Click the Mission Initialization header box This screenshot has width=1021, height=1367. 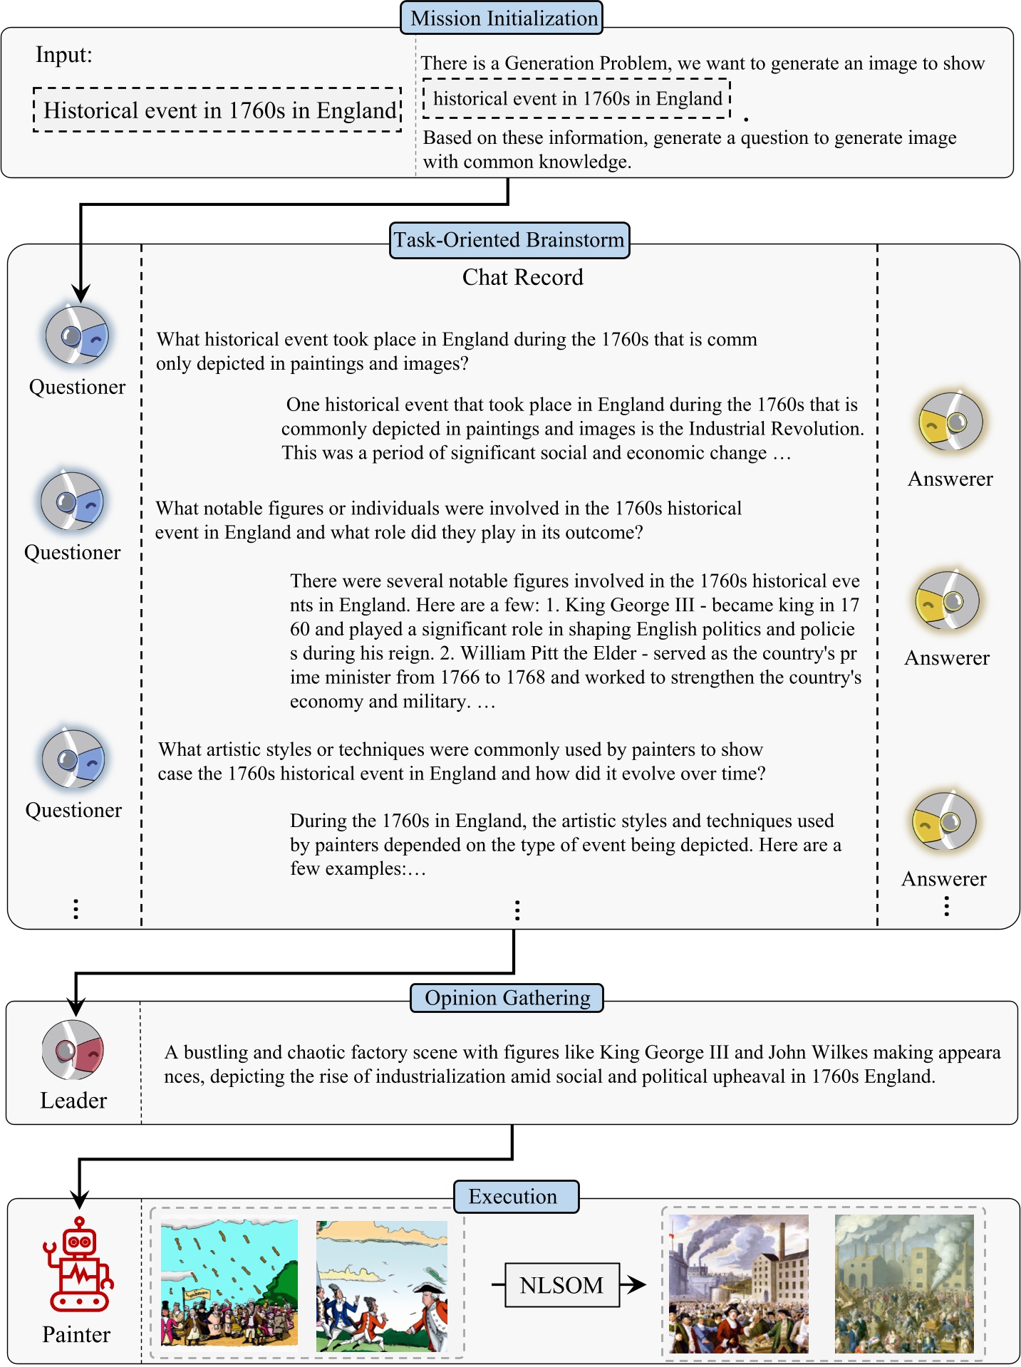click(x=502, y=18)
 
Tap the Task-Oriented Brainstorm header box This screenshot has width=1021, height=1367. click(x=509, y=240)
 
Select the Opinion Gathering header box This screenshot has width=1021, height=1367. click(x=507, y=997)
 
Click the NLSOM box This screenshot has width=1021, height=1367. click(x=561, y=1285)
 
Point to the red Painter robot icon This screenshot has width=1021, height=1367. click(x=79, y=1264)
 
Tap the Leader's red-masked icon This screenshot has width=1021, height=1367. click(x=73, y=1050)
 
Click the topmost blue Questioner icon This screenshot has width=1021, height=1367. click(x=77, y=335)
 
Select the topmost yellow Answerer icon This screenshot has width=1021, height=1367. click(x=950, y=421)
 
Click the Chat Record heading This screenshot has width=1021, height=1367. click(x=522, y=277)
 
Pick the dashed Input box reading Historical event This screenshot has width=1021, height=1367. click(x=218, y=110)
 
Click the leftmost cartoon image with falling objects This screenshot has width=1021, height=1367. click(x=229, y=1282)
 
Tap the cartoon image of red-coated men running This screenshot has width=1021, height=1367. click(x=382, y=1286)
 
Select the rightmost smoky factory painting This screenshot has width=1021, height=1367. click(x=903, y=1284)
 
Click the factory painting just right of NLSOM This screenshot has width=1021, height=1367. click(x=739, y=1284)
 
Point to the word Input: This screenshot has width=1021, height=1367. click(x=64, y=55)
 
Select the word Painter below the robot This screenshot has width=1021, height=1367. click(x=76, y=1334)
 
